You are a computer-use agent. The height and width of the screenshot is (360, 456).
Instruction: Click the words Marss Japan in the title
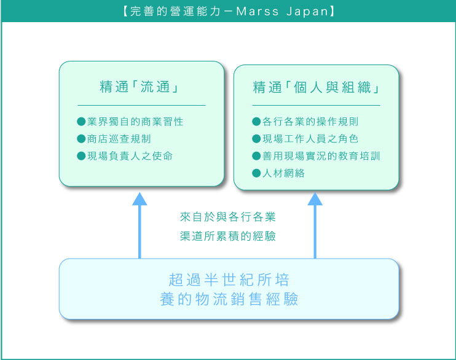(282, 11)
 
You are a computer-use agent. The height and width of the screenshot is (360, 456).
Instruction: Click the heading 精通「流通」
(140, 87)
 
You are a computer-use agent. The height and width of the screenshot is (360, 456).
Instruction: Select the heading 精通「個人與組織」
(316, 87)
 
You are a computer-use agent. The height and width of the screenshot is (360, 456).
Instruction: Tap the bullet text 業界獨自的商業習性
(135, 122)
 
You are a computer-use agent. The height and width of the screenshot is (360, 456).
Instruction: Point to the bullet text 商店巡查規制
(119, 139)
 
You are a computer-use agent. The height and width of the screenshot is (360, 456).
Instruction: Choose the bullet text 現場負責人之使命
(130, 156)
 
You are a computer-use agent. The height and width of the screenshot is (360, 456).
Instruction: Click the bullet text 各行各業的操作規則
(310, 122)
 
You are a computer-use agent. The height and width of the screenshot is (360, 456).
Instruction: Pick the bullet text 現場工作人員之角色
(310, 139)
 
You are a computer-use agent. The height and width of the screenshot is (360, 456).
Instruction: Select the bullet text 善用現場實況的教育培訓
(321, 156)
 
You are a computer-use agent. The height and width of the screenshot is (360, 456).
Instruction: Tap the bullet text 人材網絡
(283, 173)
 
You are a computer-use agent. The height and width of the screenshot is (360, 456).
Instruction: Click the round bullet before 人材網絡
(256, 173)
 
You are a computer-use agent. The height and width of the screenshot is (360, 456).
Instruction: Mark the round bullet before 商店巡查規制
(81, 139)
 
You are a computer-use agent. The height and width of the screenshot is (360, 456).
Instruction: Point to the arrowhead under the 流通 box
(140, 198)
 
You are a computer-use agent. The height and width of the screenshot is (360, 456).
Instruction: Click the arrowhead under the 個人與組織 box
(315, 198)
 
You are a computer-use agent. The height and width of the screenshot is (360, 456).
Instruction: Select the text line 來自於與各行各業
(228, 217)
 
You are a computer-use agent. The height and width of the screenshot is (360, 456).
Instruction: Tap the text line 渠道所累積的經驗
(228, 236)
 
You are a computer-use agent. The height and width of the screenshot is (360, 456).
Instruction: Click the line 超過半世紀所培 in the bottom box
(229, 280)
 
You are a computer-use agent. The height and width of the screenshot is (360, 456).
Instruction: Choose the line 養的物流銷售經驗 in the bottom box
(229, 299)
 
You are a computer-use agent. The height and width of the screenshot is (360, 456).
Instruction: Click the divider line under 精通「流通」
(141, 105)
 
